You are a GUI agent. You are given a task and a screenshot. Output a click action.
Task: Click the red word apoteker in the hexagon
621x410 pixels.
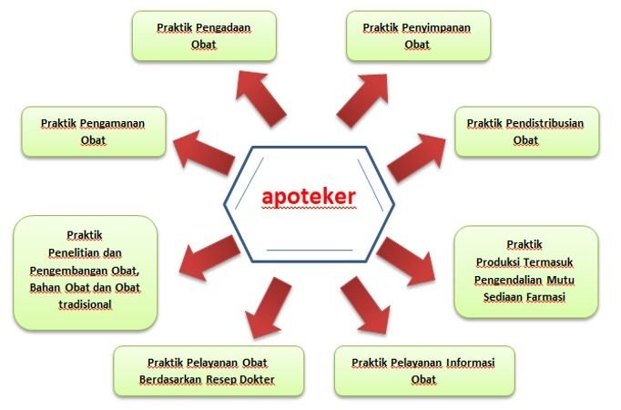309,196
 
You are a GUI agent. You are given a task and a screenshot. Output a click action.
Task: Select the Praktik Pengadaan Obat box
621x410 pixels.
203,36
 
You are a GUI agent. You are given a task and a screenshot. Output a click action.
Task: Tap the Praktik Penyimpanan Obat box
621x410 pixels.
417,36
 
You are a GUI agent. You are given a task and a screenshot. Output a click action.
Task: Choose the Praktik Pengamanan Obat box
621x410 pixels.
94,131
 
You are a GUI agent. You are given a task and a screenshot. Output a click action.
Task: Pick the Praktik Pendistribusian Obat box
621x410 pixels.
525,131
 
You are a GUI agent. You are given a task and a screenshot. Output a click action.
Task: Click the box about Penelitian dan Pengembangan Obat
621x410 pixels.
84,272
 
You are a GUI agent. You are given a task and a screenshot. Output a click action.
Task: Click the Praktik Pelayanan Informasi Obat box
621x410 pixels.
423,371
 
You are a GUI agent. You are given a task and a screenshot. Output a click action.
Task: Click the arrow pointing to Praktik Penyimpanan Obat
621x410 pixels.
361,99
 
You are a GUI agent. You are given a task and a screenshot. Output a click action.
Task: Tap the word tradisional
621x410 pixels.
84,304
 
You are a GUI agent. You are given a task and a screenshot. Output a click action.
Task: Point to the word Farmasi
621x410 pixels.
545,296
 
